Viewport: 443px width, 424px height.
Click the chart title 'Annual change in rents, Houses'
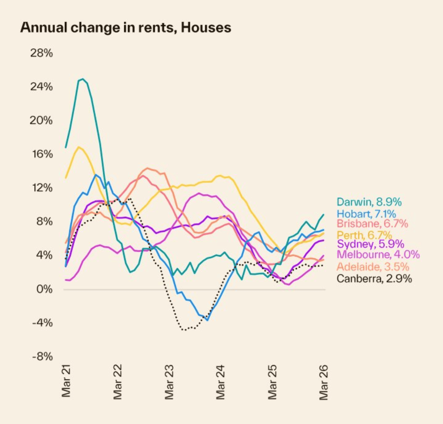pos(126,28)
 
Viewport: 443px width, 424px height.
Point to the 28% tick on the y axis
pos(41,53)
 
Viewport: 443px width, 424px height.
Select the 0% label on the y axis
pos(44,289)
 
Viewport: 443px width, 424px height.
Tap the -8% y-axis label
pos(42,357)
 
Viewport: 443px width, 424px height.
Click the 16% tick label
pos(41,154)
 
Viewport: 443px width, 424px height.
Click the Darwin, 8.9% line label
pos(369,202)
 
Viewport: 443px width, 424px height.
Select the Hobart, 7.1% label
pos(366,213)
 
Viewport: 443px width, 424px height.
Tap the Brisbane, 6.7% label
pos(372,223)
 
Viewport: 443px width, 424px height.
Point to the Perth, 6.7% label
pos(364,235)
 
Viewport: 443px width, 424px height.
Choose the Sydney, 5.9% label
pos(370,244)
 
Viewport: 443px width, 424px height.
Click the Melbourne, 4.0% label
pos(378,254)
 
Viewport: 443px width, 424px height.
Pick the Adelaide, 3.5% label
pos(373,267)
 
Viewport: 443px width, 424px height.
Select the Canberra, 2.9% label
pos(374,278)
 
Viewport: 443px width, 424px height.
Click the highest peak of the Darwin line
pos(83,79)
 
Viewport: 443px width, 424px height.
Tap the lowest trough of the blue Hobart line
pos(207,320)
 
